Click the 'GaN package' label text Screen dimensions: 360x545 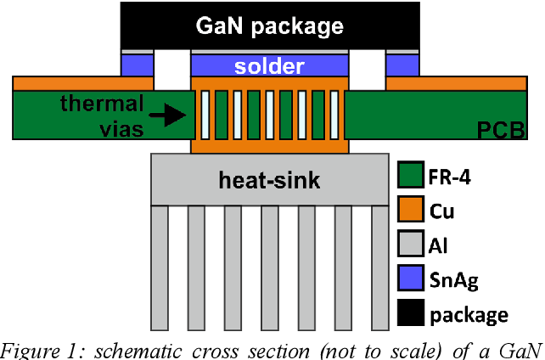point(271,25)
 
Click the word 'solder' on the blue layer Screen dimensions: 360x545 point(270,65)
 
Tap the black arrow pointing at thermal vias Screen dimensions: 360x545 point(175,115)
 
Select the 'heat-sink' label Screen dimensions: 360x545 point(269,181)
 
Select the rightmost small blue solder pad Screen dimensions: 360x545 point(402,65)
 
